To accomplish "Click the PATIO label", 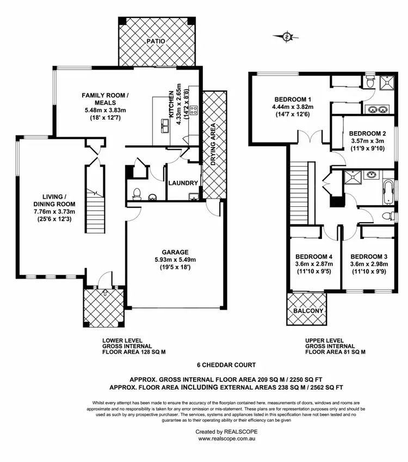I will (158, 41).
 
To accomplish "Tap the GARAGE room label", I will (175, 252).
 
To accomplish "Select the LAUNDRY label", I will (183, 183).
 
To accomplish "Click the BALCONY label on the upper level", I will (308, 311).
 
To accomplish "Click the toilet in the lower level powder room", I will (137, 193).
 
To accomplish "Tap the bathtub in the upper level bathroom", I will (388, 190).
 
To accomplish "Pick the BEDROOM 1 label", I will (293, 99).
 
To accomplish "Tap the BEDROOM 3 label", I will (368, 256).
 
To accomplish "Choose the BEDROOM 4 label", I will (313, 256).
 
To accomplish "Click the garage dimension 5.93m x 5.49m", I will (175, 260).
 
